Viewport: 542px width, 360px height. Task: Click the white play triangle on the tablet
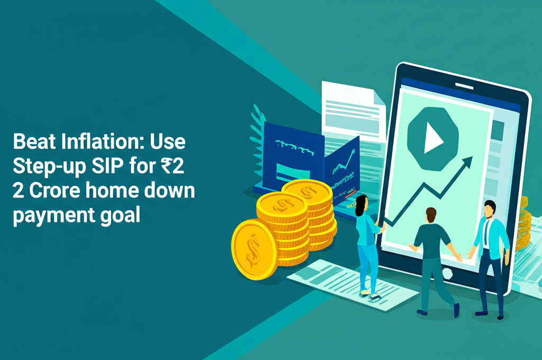click(x=433, y=140)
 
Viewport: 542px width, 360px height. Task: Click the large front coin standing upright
click(x=254, y=249)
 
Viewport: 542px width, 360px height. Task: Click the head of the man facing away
click(x=430, y=214)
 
